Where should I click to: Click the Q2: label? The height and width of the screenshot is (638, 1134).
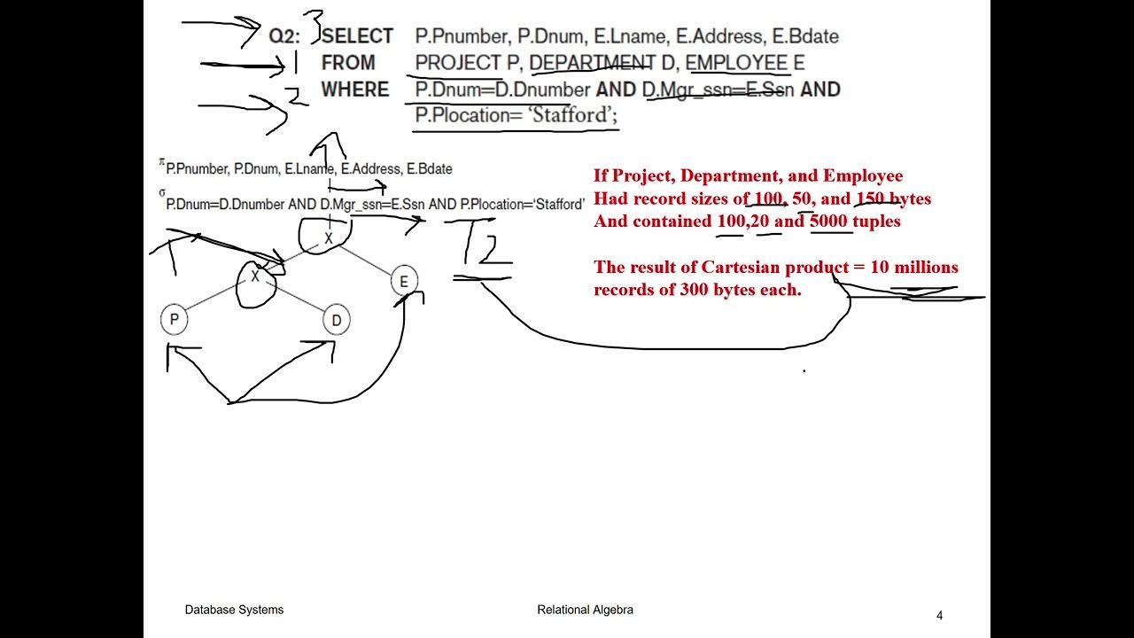(284, 36)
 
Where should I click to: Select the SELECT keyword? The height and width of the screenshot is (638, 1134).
(357, 36)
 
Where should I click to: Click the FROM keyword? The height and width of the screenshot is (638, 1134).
(347, 63)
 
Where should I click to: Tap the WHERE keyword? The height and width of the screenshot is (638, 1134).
(354, 89)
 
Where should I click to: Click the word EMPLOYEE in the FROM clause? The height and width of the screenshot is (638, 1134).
(736, 63)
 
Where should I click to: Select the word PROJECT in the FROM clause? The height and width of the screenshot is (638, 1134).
(457, 63)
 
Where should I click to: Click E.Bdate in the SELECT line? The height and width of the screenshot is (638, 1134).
(806, 36)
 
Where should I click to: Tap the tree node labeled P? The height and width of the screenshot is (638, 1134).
(175, 320)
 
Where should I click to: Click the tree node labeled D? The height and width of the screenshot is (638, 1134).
(336, 320)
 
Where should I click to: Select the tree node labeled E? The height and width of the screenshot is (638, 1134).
(404, 282)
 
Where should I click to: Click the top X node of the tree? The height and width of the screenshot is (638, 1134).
(328, 237)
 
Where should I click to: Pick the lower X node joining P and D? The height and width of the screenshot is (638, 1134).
(255, 276)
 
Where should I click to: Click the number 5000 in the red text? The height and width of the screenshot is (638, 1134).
(829, 222)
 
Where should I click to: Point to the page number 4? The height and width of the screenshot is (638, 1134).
(940, 616)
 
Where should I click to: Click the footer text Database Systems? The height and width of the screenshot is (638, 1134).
(234, 610)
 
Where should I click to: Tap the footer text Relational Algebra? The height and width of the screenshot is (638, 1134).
(585, 610)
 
